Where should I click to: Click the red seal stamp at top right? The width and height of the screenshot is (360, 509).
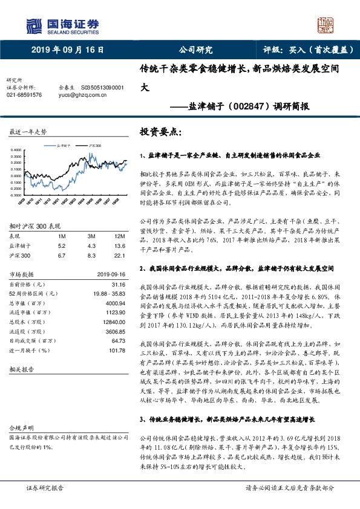click(327, 25)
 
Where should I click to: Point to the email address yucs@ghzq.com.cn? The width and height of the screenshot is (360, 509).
click(82, 95)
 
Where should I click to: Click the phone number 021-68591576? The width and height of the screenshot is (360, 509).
click(24, 95)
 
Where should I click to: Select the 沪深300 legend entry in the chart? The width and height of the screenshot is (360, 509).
click(94, 146)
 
